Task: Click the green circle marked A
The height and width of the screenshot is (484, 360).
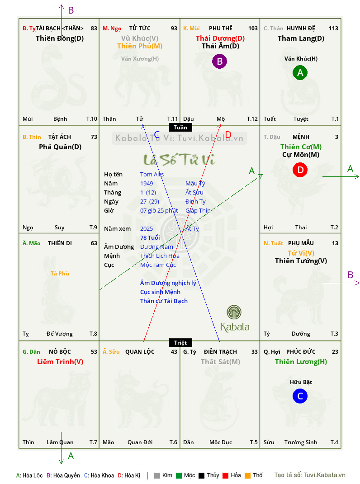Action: click(x=300, y=72)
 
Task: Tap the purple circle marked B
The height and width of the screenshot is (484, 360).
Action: click(x=219, y=61)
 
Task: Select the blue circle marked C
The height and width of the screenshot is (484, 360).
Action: click(x=300, y=396)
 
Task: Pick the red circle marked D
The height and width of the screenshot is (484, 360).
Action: click(x=300, y=170)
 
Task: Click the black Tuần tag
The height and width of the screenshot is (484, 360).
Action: click(x=180, y=127)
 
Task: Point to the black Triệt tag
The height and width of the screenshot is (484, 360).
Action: click(x=180, y=342)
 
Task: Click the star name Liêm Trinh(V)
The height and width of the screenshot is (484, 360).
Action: click(x=60, y=361)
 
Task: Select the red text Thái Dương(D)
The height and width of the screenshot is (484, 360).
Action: click(x=220, y=38)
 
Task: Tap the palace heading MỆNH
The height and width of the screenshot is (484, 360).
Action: click(x=301, y=137)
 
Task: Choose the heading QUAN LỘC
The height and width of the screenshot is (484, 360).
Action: click(x=140, y=351)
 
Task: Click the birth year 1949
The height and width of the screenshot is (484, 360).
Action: click(x=147, y=183)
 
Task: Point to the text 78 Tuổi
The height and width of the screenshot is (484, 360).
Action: click(x=150, y=237)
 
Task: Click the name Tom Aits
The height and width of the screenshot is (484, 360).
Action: click(x=152, y=175)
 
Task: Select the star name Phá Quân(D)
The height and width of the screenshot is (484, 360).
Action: click(x=60, y=147)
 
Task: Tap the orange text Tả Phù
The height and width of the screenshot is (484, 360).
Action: click(x=60, y=274)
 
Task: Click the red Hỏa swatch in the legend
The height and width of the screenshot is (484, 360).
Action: click(x=225, y=475)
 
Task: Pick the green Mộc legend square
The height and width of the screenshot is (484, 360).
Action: click(x=179, y=475)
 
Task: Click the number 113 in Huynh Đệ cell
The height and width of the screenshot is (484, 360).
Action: click(x=333, y=28)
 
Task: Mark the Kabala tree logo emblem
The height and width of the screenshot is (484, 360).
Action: click(x=234, y=312)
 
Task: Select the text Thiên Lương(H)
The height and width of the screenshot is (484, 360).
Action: click(x=301, y=361)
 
